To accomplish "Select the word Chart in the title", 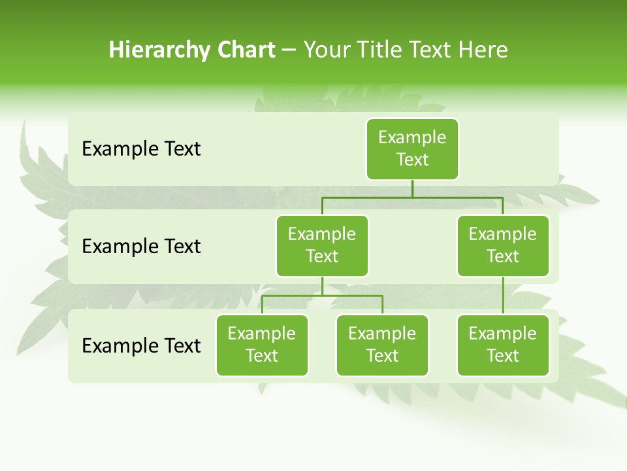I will pos(246,50).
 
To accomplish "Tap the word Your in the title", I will pos(326,50).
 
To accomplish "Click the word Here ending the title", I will pos(483,50).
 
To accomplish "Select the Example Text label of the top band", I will pos(141,149).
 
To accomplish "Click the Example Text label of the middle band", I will pos(141,247).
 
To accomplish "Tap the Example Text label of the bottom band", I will pos(141,346).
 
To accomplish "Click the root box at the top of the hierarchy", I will pos(412,149).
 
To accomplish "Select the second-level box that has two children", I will pos(322,246).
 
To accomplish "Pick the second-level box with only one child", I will pos(503,246).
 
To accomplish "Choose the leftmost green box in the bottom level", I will pos(262,345).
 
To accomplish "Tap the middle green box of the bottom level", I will pos(382,345).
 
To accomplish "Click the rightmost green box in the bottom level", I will pos(503,345).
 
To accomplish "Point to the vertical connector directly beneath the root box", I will pos(412,188).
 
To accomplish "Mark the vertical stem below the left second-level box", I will pos(322,286).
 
